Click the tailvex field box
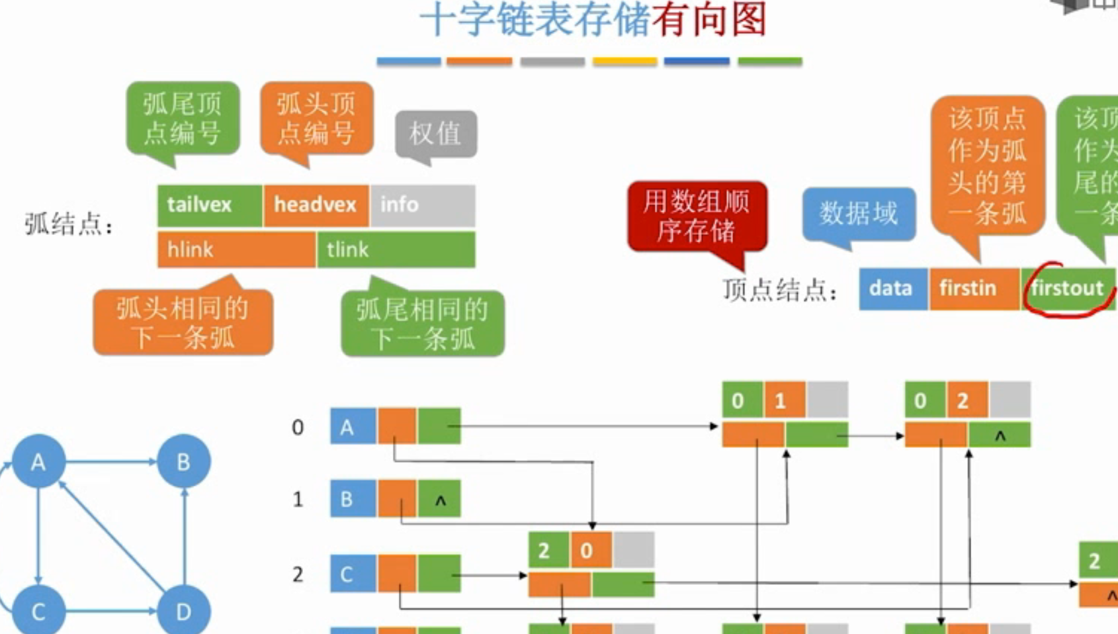210,205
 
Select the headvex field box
316,205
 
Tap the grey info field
423,205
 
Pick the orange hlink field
236,249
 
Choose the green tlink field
396,249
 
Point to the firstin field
974,289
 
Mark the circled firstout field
1068,289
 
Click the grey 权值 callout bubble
436,134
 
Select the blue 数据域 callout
859,214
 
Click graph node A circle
38,461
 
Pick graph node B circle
184,461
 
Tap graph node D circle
184,611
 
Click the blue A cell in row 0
353,426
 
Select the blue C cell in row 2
353,574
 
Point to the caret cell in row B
440,500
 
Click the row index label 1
298,499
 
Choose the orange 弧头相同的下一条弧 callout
183,323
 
